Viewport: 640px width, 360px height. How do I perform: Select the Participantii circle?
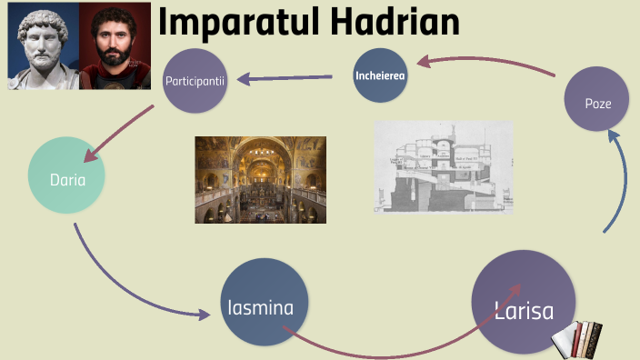coord(195,81)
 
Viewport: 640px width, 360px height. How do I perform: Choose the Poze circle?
coord(597,104)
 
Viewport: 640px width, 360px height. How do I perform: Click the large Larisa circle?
coord(524,303)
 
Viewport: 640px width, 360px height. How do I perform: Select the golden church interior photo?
coord(261,179)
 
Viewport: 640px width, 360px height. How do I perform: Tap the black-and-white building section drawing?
coord(444,167)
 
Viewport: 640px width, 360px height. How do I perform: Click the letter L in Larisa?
coord(499,309)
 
